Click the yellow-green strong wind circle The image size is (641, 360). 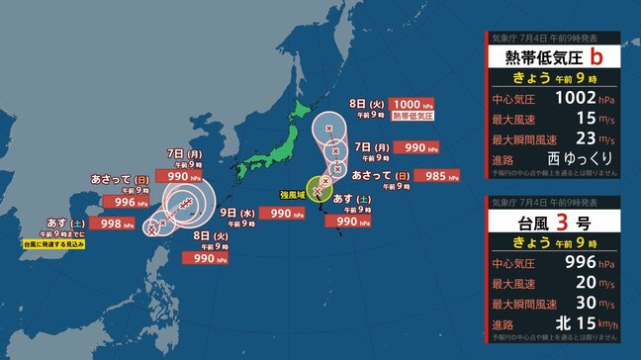point(320,186)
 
